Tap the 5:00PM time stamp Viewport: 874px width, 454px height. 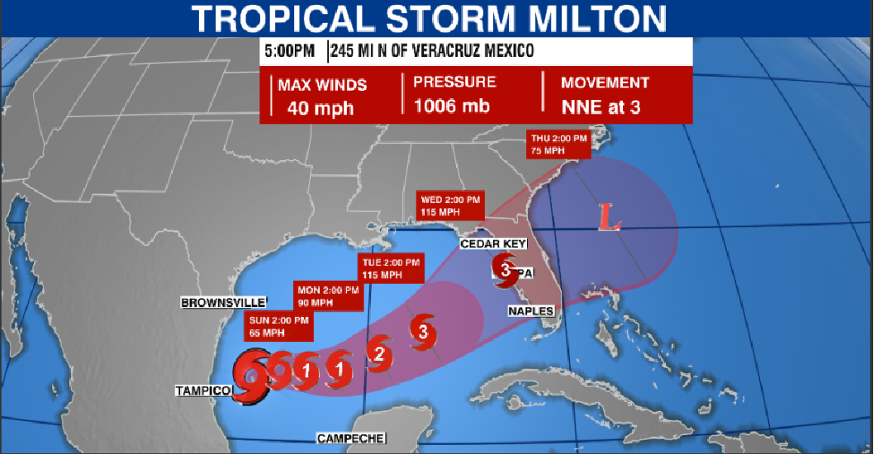click(289, 51)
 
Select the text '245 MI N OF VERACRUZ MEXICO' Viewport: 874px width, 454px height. click(432, 51)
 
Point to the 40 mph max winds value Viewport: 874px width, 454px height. click(321, 107)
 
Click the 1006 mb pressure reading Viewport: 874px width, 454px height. click(452, 106)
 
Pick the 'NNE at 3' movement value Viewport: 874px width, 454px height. click(601, 106)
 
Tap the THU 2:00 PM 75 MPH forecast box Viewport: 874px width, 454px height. click(558, 144)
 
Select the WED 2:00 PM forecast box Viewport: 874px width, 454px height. click(451, 206)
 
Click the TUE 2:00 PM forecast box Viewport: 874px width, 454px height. click(391, 268)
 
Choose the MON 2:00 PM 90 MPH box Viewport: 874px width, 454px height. click(329, 296)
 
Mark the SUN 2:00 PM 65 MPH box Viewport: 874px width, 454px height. click(278, 327)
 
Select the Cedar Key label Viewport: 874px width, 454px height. click(492, 244)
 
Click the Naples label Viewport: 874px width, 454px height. click(530, 310)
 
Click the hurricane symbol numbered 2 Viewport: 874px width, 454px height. click(379, 354)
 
